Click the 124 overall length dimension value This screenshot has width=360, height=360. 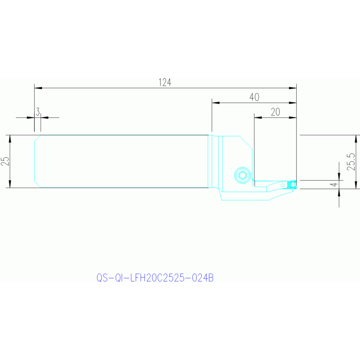pos(165,82)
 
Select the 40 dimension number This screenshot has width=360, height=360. pos(254,97)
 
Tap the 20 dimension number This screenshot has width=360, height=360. pos(276,112)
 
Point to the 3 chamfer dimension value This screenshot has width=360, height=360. pos(38,112)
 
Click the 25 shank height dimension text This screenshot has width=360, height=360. pos(5,161)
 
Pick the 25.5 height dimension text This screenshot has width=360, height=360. pos(351,161)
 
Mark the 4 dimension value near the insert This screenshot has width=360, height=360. pos(335,184)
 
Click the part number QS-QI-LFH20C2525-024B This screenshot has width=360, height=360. pos(155,278)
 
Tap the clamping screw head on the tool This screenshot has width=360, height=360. pos(243,176)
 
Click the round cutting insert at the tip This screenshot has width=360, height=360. pos(293,184)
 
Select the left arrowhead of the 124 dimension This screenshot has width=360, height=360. pos(38,88)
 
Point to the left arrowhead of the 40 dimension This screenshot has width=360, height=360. pos(215,103)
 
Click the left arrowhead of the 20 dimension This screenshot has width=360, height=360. pos(258,117)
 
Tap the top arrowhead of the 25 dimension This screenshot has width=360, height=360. pos(10,139)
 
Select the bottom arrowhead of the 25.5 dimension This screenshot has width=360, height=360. pos(356,185)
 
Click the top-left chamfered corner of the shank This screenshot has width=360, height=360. pos(38,138)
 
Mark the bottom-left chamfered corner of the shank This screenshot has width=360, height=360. pos(38,184)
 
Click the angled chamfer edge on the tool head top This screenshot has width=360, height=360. pos(246,142)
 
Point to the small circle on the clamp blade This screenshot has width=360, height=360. pos(283,185)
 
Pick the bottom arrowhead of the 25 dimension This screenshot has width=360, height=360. pos(10,184)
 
